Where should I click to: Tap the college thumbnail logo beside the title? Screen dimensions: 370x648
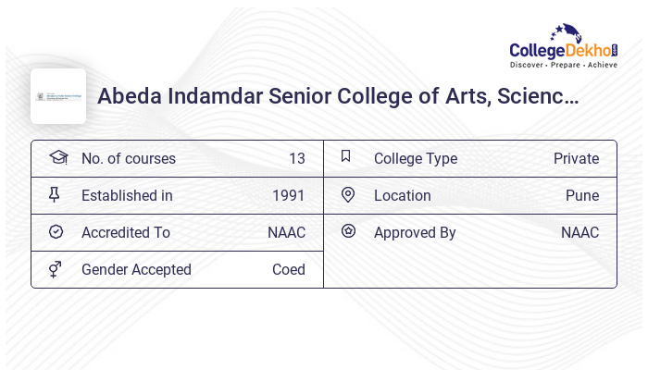(x=58, y=96)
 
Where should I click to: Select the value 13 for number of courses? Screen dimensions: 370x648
(x=296, y=158)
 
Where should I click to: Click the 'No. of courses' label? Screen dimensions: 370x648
(x=129, y=158)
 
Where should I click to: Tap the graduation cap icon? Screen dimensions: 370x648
(x=57, y=157)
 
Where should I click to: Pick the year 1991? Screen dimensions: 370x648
(x=288, y=195)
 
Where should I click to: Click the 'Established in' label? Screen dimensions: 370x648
(x=127, y=195)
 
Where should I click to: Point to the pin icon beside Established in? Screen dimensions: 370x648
(x=55, y=194)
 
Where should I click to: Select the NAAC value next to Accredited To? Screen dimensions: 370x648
(x=286, y=232)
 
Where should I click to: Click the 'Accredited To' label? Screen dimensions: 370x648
(x=126, y=232)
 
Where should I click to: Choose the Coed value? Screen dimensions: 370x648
(x=288, y=269)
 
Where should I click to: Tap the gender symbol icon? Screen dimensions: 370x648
(x=56, y=269)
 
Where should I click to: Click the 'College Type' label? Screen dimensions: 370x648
(x=416, y=158)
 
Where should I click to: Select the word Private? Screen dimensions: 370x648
(x=576, y=158)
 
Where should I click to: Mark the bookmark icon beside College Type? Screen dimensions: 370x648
(x=346, y=156)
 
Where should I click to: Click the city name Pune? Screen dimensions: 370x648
(x=582, y=195)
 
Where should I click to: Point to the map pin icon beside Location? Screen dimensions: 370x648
(x=348, y=194)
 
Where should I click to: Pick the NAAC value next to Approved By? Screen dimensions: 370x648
(x=579, y=232)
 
